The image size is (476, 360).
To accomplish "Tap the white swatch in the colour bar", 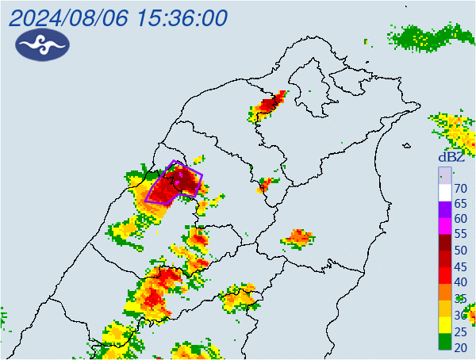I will (x=445, y=192).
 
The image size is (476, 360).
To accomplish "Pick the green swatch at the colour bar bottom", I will (x=445, y=342).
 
